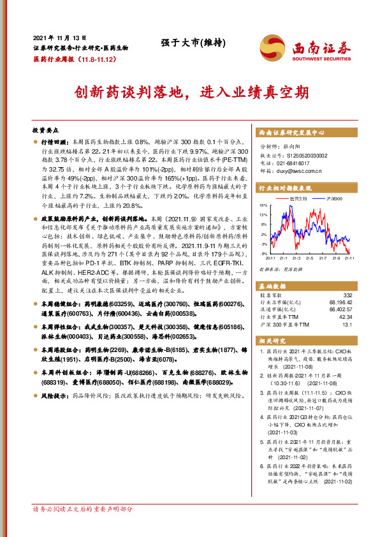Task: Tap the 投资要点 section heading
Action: pos(45,128)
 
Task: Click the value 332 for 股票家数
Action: pos(347,295)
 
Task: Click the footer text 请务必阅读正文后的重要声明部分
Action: pos(83,527)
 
